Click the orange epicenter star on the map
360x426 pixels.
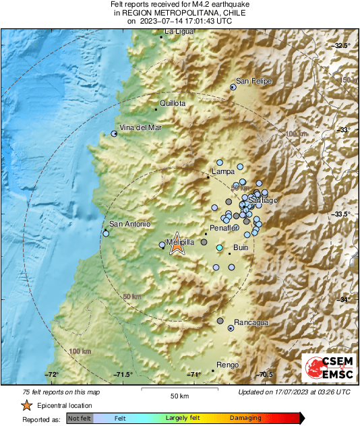coord(177,246)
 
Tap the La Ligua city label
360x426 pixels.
coord(179,32)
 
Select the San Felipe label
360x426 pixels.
coord(253,82)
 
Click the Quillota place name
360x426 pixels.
coord(173,104)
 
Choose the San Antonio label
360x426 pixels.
coord(129,224)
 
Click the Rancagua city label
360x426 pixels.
coord(251,323)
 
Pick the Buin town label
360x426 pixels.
coord(241,249)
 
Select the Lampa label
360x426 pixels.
coord(222,172)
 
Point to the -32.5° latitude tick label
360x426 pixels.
coord(342,45)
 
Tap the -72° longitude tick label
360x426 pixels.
coord(51,375)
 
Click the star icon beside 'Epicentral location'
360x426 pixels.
coord(26,405)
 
